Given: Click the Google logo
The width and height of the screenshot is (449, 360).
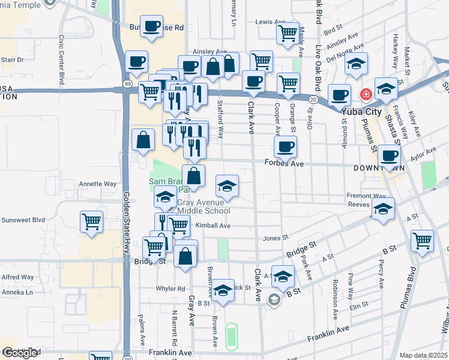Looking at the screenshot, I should (20, 353).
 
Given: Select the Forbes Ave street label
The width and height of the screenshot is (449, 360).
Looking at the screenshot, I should (284, 163).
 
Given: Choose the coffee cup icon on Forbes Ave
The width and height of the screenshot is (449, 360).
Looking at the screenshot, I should (286, 146).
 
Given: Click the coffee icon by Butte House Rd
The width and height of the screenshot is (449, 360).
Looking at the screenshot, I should (152, 26).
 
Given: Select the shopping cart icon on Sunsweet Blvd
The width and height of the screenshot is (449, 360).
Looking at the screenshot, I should (91, 221).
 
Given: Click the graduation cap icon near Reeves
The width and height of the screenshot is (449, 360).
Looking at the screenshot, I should (382, 208).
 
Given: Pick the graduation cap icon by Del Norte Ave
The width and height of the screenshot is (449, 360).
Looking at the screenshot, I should (357, 65).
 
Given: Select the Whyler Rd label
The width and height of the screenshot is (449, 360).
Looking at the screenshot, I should (170, 289).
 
